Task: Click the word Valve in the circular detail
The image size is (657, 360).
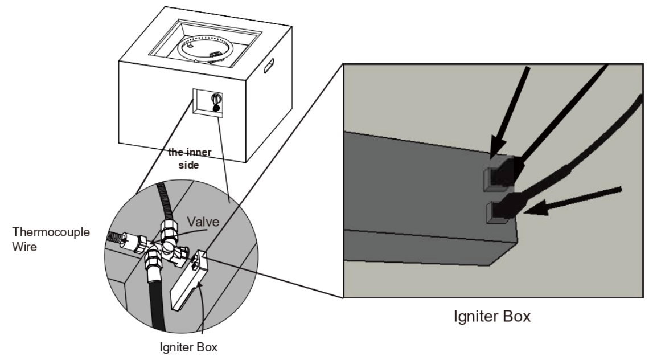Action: click(203, 221)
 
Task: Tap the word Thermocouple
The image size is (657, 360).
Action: click(51, 232)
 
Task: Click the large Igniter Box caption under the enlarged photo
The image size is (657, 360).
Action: click(492, 316)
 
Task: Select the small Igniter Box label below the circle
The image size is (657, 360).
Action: click(188, 347)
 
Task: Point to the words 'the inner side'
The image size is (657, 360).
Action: click(190, 158)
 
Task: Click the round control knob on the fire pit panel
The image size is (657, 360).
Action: click(216, 99)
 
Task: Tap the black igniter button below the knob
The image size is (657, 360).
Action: click(216, 108)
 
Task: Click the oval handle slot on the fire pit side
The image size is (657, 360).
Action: click(269, 66)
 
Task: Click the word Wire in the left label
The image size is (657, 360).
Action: click(24, 247)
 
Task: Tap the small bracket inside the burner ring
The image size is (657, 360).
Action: click(215, 54)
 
